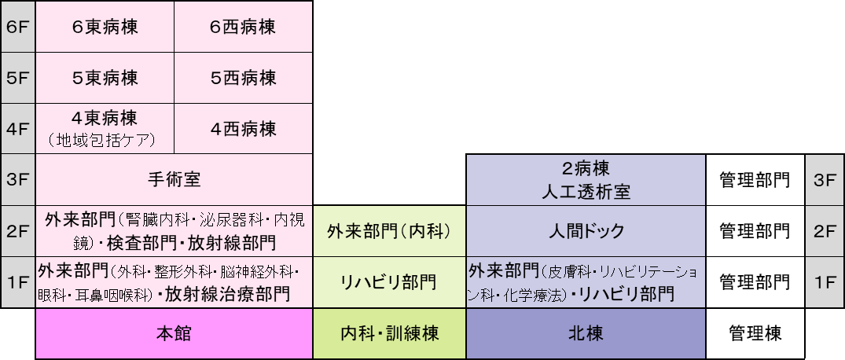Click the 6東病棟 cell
pyautogui.click(x=105, y=27)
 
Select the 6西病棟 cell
pyautogui.click(x=243, y=27)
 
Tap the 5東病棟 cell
pyautogui.click(x=105, y=78)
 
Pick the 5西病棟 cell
pyautogui.click(x=243, y=78)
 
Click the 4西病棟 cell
pyautogui.click(x=243, y=128)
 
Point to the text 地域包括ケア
pyautogui.click(x=105, y=141)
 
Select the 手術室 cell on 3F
pyautogui.click(x=174, y=179)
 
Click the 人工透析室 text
pyautogui.click(x=586, y=191)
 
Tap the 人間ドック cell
pyautogui.click(x=586, y=231)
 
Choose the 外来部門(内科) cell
pyautogui.click(x=389, y=231)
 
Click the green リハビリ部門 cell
pyautogui.click(x=389, y=282)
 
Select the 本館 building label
pyautogui.click(x=174, y=333)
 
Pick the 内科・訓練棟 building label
pyautogui.click(x=389, y=333)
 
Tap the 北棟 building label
pyautogui.click(x=586, y=333)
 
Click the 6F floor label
pyautogui.click(x=17, y=27)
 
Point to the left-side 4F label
pyautogui.click(x=17, y=128)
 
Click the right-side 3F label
pyautogui.click(x=825, y=179)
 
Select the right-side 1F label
pyautogui.click(x=825, y=282)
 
